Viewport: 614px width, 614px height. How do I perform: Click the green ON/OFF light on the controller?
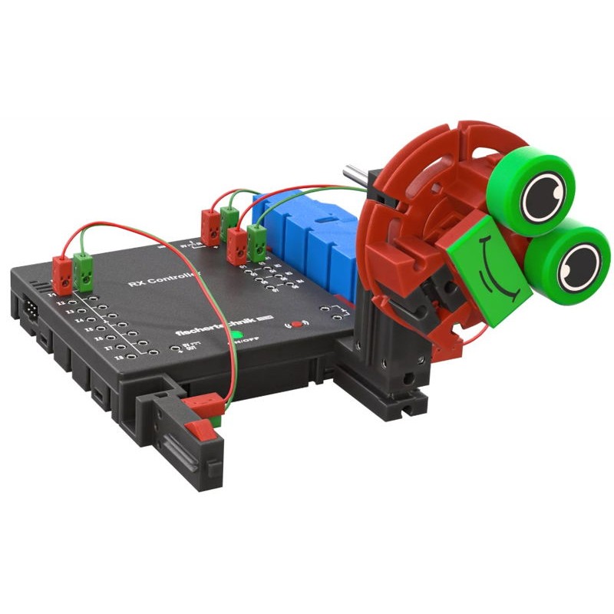click(x=238, y=335)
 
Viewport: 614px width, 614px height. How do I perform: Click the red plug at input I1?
click(x=62, y=272)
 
